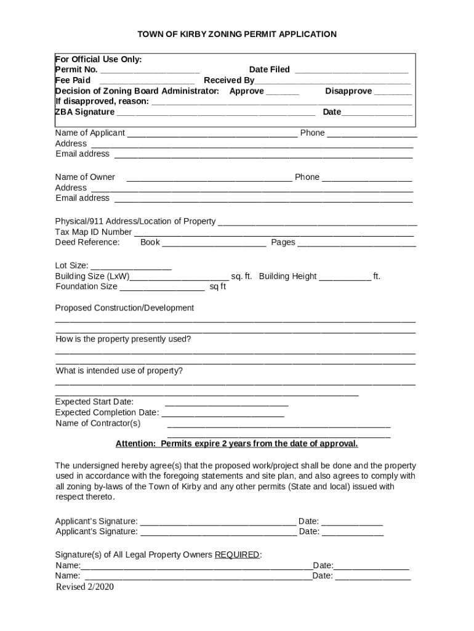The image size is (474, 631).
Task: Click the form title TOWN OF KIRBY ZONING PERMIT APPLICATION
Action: pos(236,35)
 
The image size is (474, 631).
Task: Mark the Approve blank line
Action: pos(283,92)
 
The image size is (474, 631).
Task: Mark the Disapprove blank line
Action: pos(393,92)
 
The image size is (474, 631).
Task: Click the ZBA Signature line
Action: pos(216,113)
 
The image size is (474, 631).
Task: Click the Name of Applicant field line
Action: pos(212,134)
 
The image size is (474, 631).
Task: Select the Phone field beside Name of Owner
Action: pos(366,178)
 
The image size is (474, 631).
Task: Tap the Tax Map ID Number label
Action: pos(94,232)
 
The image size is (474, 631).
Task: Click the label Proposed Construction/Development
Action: pos(124,307)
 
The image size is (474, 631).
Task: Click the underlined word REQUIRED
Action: pos(237,555)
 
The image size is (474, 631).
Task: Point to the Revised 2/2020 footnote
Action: pos(85,587)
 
